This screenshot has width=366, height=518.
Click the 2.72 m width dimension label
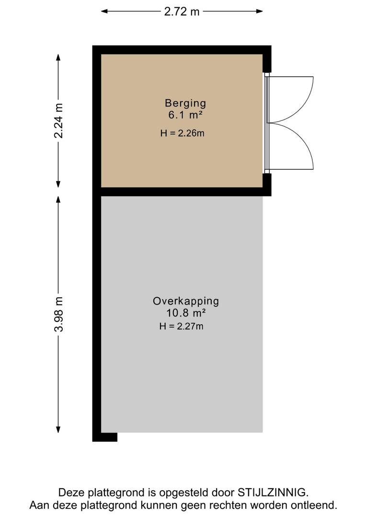182,12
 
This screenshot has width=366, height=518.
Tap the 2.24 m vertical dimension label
58,120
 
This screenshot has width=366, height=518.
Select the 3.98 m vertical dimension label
58,314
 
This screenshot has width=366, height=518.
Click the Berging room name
185,103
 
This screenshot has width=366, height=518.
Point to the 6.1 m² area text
185,115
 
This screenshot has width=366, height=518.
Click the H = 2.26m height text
182,133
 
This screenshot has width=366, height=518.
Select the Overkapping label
186,301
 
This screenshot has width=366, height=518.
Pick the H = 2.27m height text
182,327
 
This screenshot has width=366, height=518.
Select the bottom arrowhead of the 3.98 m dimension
58,430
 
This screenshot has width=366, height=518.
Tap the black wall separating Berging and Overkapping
182,192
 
